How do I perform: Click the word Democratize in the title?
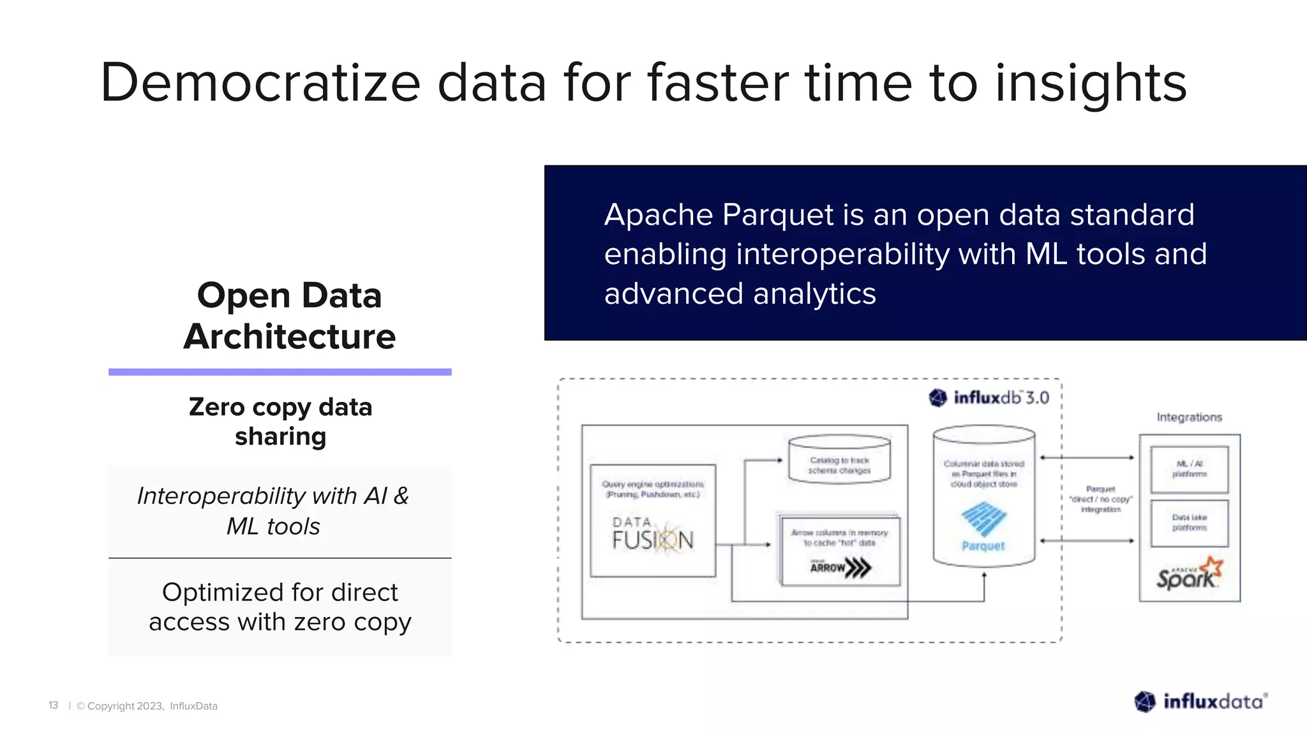tap(260, 83)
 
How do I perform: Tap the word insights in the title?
tap(1091, 83)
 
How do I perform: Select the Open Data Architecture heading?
tap(289, 316)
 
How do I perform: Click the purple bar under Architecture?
tap(280, 372)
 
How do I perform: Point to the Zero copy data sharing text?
tap(280, 422)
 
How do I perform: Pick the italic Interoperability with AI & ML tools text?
tap(273, 511)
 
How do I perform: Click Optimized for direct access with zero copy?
tap(280, 607)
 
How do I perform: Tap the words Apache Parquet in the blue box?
tap(719, 215)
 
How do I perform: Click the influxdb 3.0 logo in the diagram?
tap(989, 398)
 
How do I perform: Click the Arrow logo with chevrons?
tap(840, 567)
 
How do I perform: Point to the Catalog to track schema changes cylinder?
tap(839, 460)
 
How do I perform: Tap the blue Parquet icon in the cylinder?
tap(983, 519)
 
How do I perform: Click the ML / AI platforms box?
tap(1189, 470)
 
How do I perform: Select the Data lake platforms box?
tap(1189, 523)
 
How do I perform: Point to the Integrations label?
tap(1189, 417)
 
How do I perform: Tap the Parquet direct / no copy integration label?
tap(1100, 500)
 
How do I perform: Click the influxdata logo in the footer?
tap(1200, 702)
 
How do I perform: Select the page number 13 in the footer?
tap(53, 705)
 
